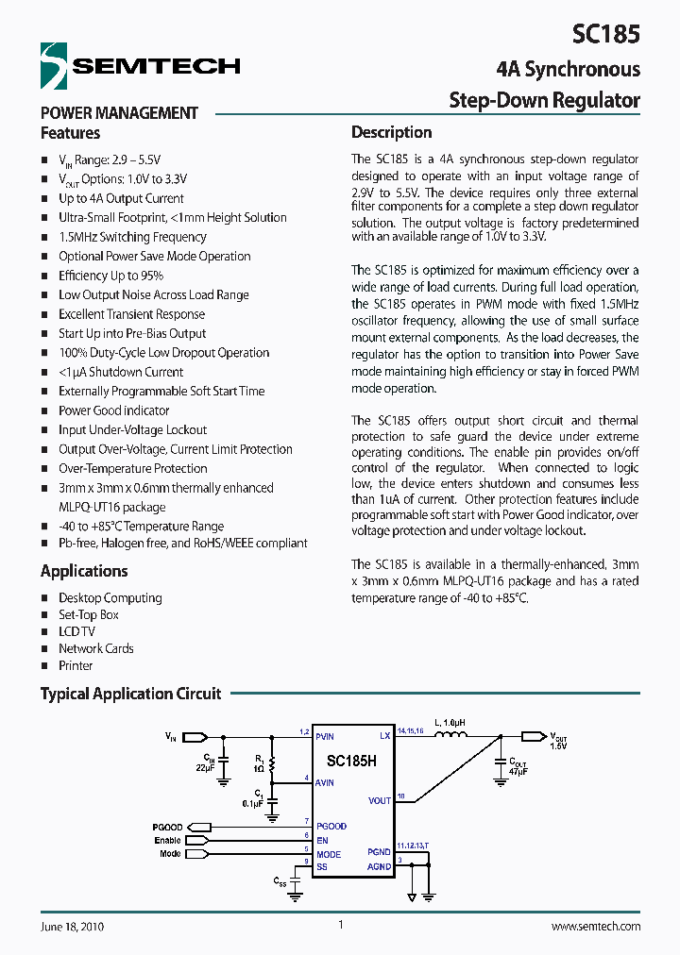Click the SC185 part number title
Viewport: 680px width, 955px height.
point(605,35)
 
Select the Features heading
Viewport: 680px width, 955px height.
point(70,133)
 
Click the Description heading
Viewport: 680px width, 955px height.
point(391,132)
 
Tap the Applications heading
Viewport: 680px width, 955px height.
point(83,571)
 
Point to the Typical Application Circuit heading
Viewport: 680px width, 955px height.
point(130,694)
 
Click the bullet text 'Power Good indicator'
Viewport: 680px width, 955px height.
point(113,410)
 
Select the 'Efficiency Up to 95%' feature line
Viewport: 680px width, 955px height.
point(110,276)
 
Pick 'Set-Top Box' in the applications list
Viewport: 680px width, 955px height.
point(89,614)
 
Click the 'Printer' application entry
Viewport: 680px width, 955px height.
point(76,665)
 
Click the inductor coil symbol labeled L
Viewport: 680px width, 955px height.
point(453,736)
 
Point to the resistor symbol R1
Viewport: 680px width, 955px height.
point(273,764)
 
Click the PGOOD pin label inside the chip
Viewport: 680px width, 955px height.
point(331,826)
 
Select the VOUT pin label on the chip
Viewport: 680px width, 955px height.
point(379,800)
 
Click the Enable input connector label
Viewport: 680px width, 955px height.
point(167,840)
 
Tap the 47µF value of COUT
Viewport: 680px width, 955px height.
point(518,771)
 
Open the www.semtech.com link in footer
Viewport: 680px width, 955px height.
point(595,927)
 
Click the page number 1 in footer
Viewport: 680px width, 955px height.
point(340,926)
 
